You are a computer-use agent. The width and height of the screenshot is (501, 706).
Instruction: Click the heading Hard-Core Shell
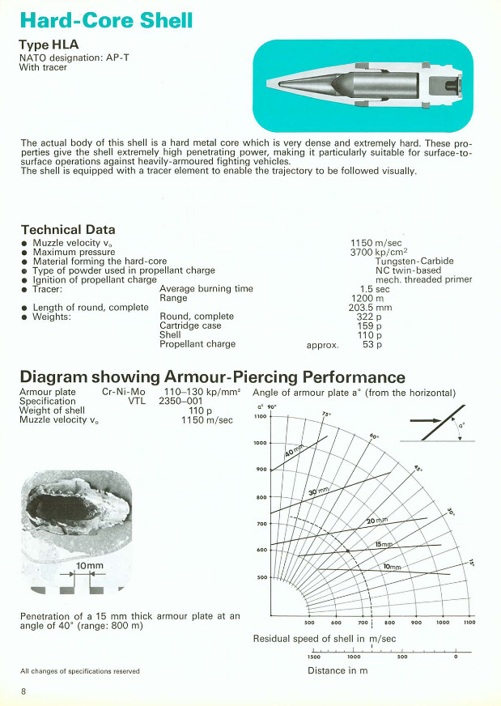click(x=106, y=20)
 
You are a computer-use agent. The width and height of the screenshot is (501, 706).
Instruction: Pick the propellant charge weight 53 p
click(x=373, y=344)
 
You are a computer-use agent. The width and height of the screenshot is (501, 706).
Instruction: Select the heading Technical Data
click(x=68, y=230)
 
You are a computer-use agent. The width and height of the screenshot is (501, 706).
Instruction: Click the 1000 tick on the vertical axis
click(x=261, y=443)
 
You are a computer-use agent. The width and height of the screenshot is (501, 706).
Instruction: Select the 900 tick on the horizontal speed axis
click(x=416, y=623)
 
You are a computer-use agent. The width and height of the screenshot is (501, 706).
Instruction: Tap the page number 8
click(x=23, y=691)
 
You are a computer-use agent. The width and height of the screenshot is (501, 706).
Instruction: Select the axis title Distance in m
click(x=338, y=670)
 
